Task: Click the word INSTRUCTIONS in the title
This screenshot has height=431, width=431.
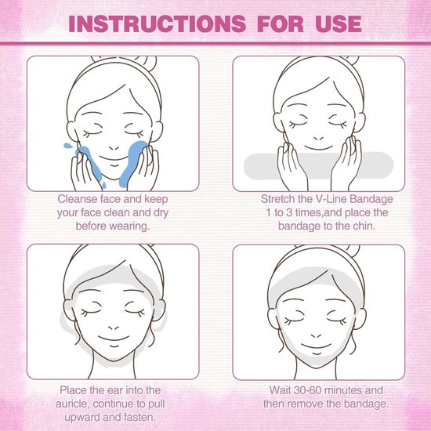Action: pyautogui.click(x=157, y=24)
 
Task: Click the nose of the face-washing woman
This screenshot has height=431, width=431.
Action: pyautogui.click(x=114, y=148)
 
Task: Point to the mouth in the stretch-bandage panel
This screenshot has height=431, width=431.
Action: pyautogui.click(x=319, y=148)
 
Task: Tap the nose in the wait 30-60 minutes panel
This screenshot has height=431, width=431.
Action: pyautogui.click(x=316, y=336)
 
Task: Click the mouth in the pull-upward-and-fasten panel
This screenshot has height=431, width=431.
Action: pyautogui.click(x=114, y=339)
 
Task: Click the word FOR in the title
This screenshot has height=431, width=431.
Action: pyautogui.click(x=281, y=24)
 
